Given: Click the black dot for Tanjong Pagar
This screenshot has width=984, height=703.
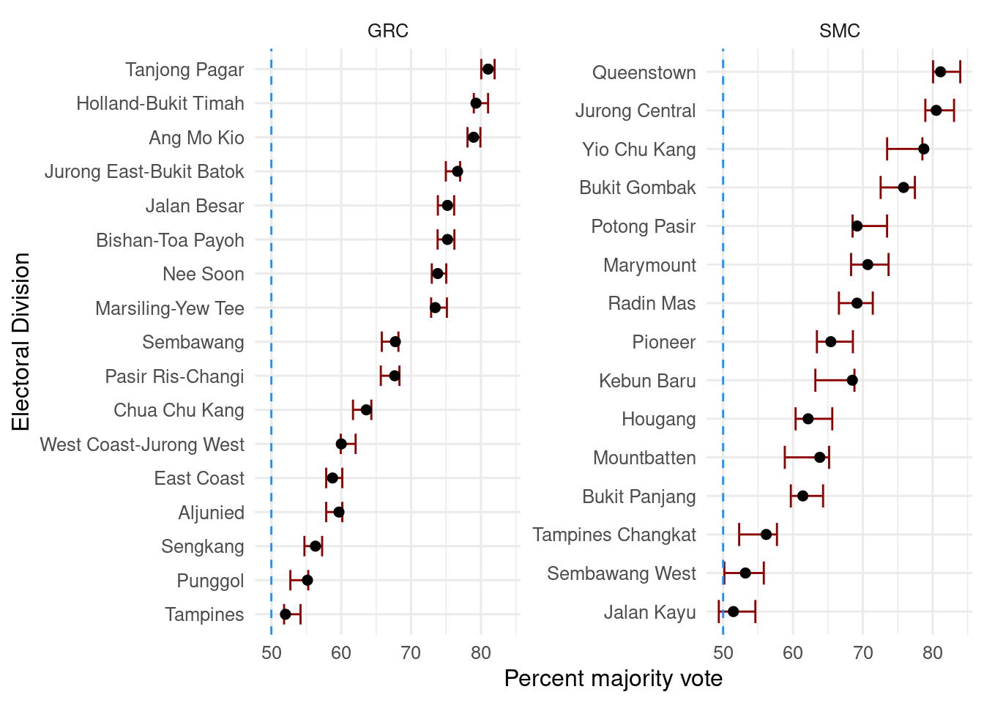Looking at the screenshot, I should click(488, 69).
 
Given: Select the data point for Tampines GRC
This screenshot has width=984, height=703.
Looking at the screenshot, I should click(286, 614).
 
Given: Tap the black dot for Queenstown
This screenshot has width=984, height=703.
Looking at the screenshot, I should click(940, 72).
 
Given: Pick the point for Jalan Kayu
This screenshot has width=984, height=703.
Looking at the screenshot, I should click(733, 611).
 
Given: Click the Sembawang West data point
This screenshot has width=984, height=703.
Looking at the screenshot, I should click(745, 573).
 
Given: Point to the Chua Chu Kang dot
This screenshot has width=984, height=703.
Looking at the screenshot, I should click(366, 410).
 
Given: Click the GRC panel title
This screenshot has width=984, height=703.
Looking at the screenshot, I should click(387, 31).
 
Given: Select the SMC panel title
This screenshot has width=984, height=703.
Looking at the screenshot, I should click(839, 31).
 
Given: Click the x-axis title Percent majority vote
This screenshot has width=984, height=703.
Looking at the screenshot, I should click(613, 679).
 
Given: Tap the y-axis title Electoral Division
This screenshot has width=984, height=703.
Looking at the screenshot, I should click(20, 342).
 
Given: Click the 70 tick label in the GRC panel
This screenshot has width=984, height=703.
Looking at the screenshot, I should click(411, 653).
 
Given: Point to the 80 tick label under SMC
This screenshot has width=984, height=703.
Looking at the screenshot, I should click(933, 653).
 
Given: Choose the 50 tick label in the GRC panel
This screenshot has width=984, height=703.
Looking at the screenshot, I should click(272, 653).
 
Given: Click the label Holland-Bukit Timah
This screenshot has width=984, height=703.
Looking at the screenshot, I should click(160, 103).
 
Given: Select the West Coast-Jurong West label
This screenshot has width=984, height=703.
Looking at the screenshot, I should click(142, 445).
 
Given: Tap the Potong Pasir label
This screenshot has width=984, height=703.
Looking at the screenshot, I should click(643, 226).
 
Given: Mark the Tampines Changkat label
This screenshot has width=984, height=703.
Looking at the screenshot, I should click(614, 535).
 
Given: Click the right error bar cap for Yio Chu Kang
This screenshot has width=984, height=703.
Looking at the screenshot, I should click(922, 149).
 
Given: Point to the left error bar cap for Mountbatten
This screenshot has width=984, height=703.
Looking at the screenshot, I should click(785, 458).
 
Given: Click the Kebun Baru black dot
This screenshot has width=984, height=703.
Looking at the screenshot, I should click(852, 380).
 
